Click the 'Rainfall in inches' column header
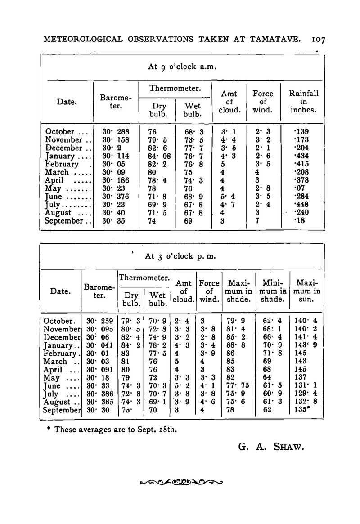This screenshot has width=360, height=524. click(x=304, y=102)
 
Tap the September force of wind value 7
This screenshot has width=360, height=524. click(x=257, y=221)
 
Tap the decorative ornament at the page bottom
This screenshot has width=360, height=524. click(x=183, y=482)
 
